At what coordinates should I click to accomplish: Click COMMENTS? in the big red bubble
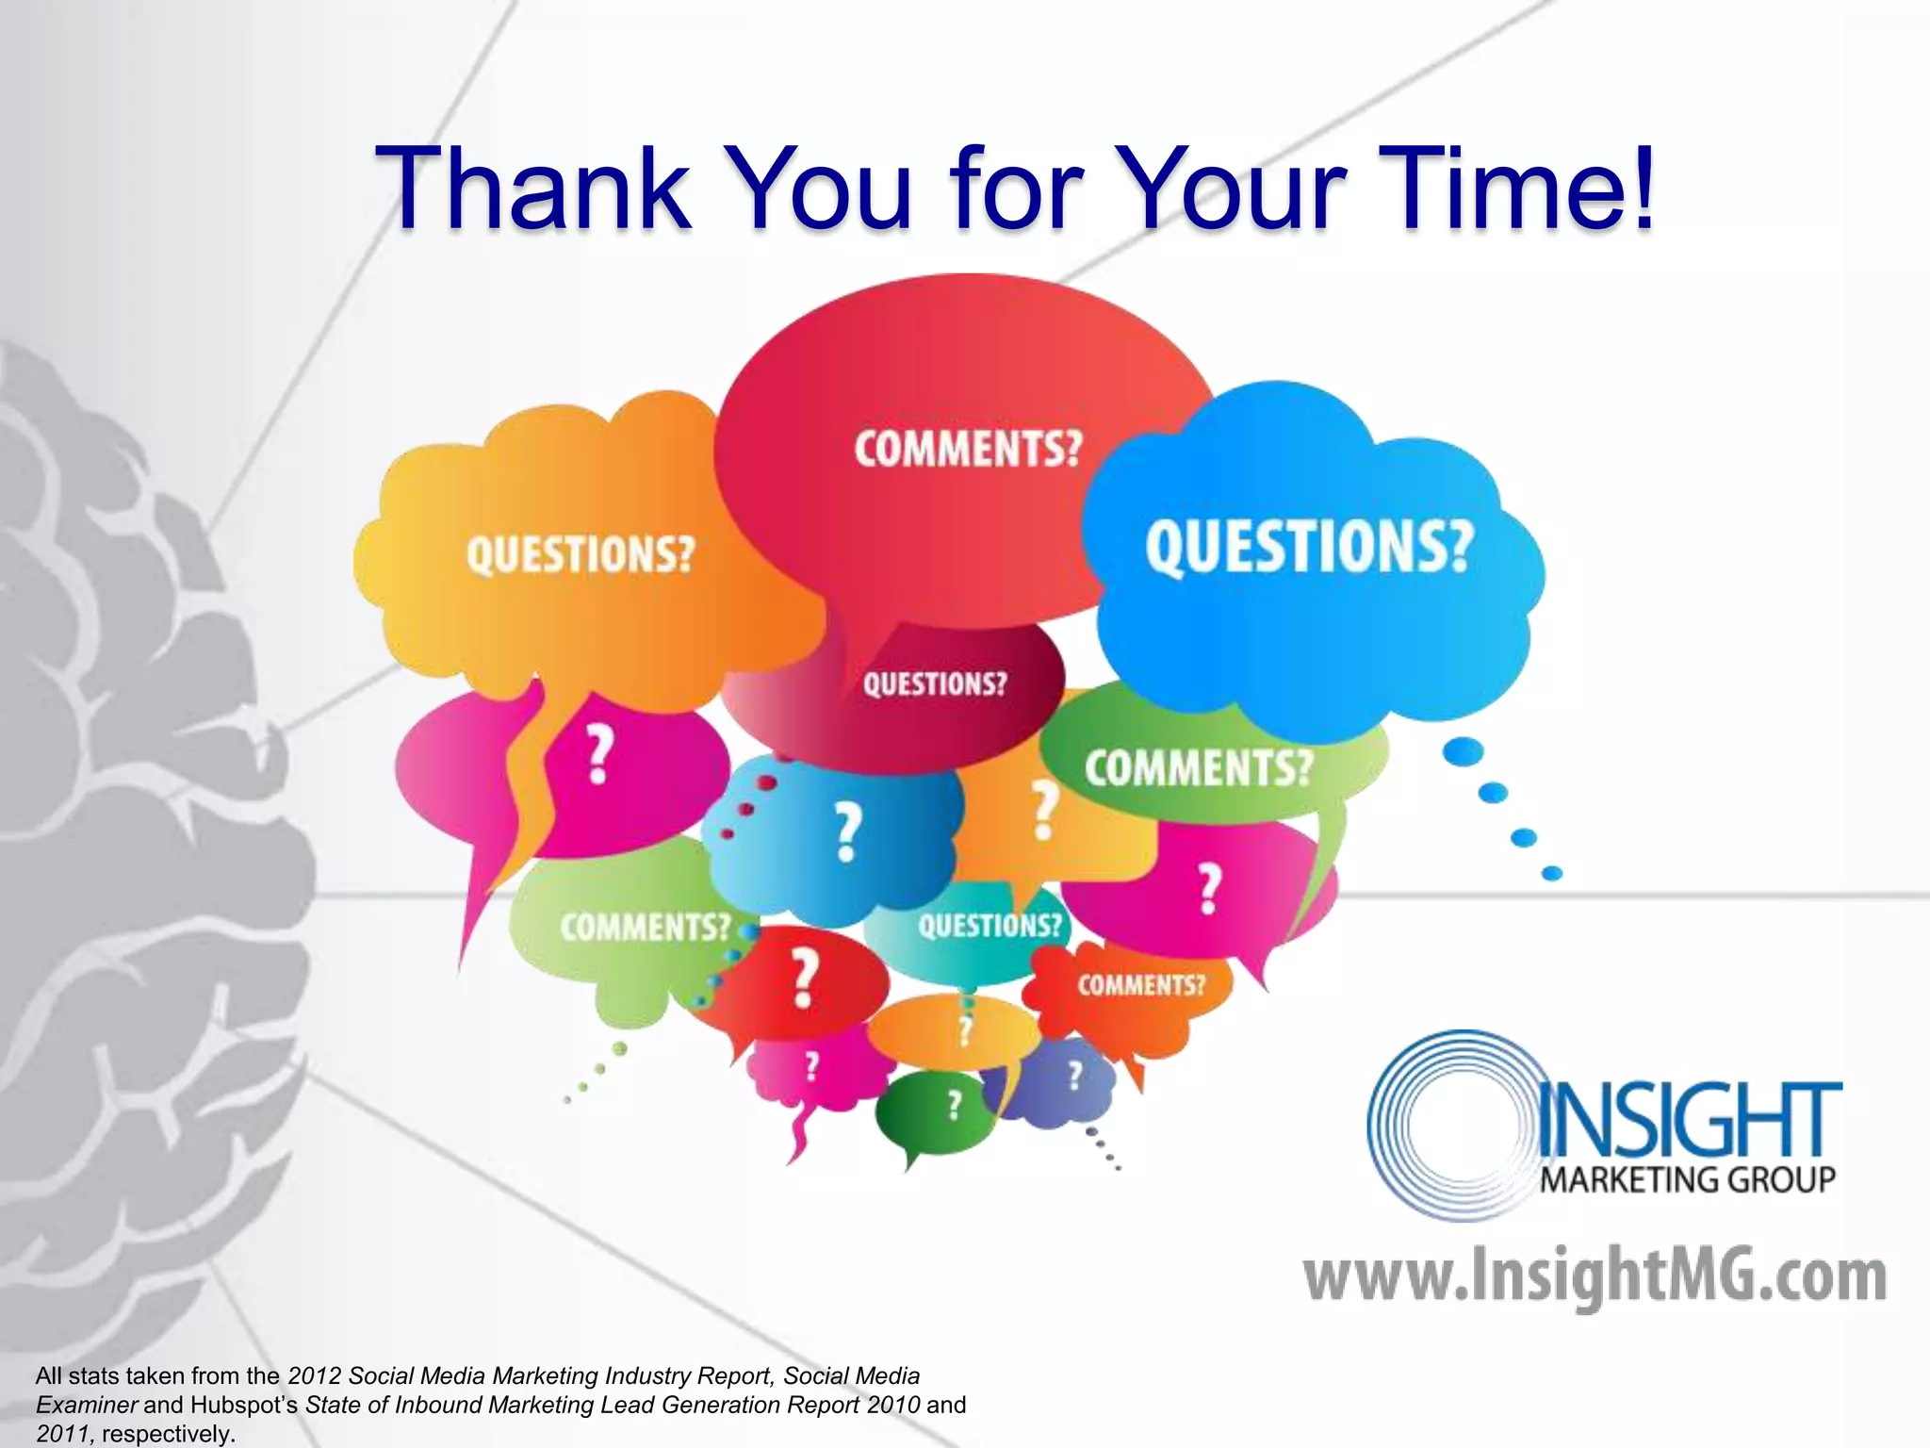pos(969,449)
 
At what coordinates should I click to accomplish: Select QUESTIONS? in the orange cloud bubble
pos(581,554)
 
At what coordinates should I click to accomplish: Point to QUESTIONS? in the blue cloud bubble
pos(1309,548)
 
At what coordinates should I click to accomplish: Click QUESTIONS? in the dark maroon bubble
pos(935,683)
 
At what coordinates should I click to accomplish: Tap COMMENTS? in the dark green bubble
pos(1199,767)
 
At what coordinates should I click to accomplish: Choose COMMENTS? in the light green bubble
pos(646,927)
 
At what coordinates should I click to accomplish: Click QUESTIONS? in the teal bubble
pos(990,926)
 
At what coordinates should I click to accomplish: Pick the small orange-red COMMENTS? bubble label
pos(1141,986)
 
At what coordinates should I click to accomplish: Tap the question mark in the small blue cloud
pos(848,831)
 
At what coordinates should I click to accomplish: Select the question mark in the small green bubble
pos(955,1105)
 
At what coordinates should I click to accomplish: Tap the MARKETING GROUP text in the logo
pos(1687,1179)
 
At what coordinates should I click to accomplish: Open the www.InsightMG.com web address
pos(1595,1276)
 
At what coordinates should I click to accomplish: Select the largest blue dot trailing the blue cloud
pos(1464,751)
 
